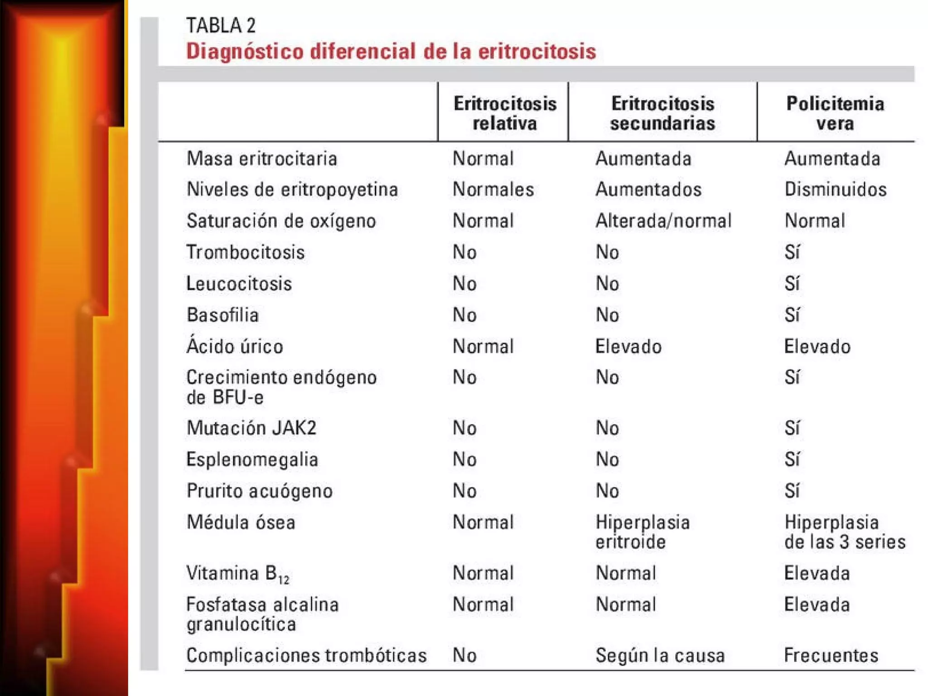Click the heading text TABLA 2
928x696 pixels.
click(221, 25)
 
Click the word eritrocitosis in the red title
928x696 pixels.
click(537, 51)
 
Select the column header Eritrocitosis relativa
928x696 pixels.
click(505, 113)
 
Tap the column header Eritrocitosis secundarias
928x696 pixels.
click(662, 113)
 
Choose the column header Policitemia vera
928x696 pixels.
click(835, 113)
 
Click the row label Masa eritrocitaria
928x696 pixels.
click(262, 159)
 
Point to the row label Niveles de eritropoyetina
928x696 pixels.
click(292, 189)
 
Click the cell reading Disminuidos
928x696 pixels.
click(835, 189)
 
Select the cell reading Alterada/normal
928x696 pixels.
click(663, 221)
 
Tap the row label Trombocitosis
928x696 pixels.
click(246, 252)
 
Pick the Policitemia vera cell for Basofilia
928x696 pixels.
click(792, 315)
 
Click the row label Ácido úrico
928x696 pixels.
click(235, 347)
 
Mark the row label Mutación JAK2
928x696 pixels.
click(251, 428)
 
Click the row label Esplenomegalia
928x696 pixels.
click(252, 459)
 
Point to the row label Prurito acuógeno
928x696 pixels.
click(260, 491)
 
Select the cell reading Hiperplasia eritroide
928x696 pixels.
click(642, 532)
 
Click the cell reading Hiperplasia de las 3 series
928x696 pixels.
click(845, 532)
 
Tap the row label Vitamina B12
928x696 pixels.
click(238, 574)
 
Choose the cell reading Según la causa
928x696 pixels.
click(660, 655)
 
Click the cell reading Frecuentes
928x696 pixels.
click(831, 655)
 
